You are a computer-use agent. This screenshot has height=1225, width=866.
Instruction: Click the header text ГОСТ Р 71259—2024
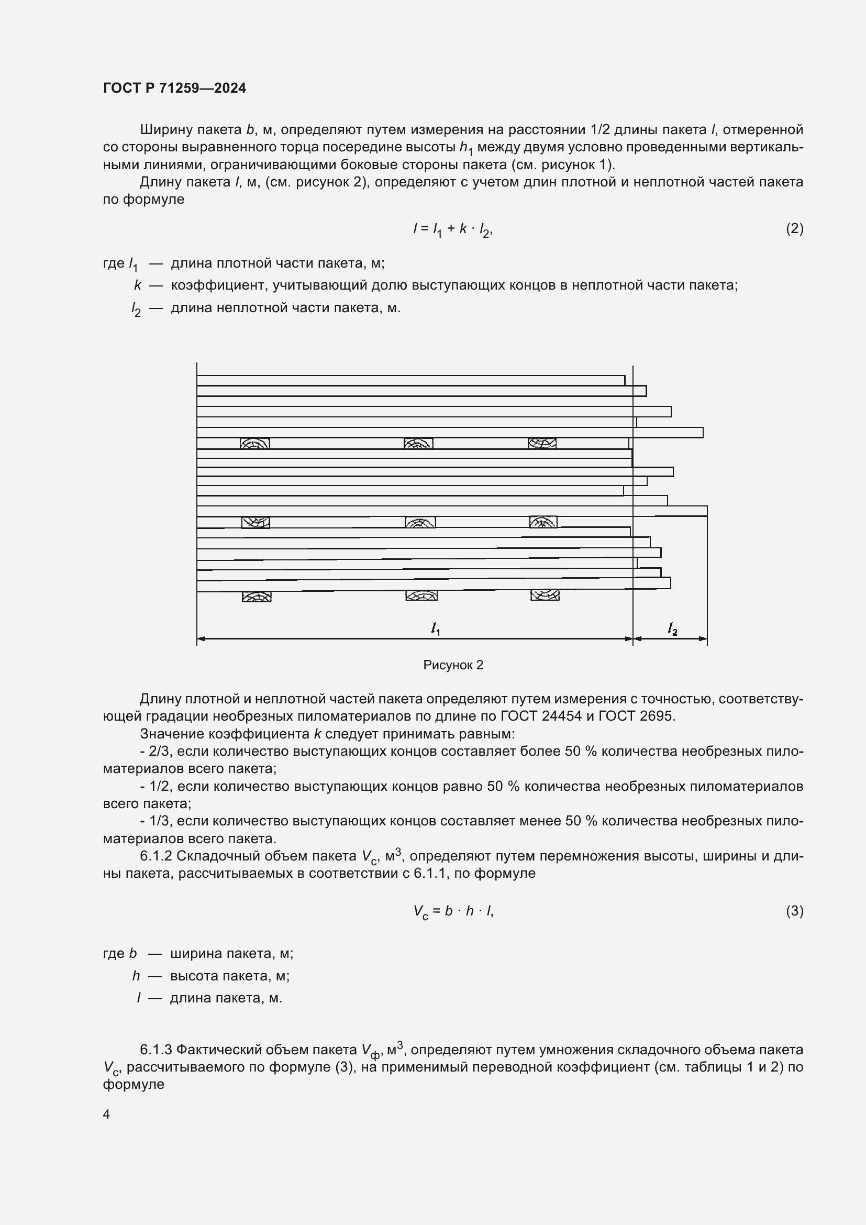[x=174, y=88]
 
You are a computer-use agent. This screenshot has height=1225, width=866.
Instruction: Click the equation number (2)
[x=794, y=229]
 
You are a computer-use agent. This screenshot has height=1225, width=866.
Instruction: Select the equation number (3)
[x=794, y=911]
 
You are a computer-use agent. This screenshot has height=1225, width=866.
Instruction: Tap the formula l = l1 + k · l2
[x=453, y=229]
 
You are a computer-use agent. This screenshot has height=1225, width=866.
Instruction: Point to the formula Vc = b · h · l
[x=453, y=911]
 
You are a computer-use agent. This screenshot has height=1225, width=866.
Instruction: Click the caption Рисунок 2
[x=453, y=665]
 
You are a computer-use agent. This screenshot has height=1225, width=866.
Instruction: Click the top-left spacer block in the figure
[x=255, y=444]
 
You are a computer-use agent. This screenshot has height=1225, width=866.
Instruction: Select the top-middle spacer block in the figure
[x=419, y=444]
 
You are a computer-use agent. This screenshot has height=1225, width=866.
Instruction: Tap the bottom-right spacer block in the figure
[x=545, y=594]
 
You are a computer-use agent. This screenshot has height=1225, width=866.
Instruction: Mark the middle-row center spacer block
[x=420, y=522]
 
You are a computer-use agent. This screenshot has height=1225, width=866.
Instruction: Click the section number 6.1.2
[x=156, y=856]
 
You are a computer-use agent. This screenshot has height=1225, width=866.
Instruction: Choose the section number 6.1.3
[x=156, y=1050]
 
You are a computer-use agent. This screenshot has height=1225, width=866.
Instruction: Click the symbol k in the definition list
[x=138, y=285]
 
